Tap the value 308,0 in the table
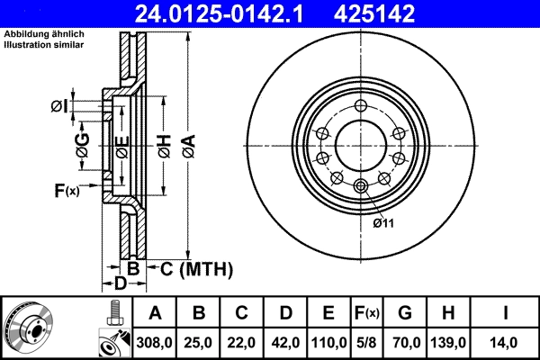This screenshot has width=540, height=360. coord(154,343)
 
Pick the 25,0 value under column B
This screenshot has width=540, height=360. coord(199,343)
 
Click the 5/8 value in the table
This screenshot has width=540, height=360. coord(365,343)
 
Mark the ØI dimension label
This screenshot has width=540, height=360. coord(58,106)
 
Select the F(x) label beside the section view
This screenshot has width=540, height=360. coord(67,190)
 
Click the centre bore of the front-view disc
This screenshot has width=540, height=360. coord(361,146)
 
